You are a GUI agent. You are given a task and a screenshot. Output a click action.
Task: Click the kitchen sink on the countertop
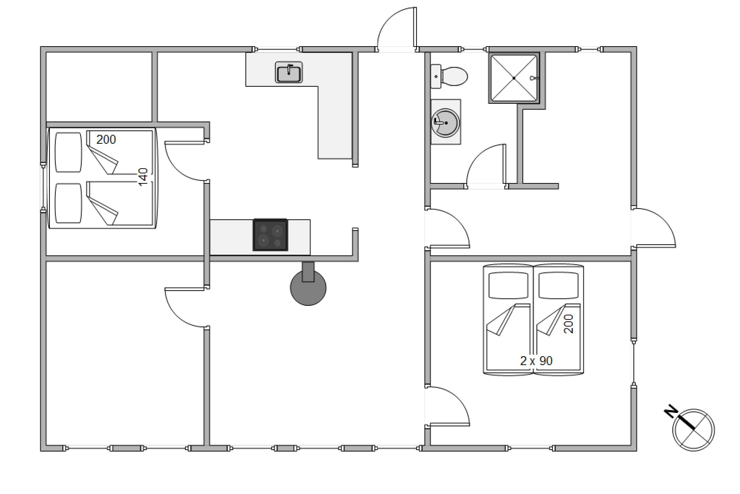pyautogui.click(x=289, y=72)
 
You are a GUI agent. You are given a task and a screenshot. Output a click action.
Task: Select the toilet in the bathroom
pyautogui.click(x=449, y=76)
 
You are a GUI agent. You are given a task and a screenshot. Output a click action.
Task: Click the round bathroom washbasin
pyautogui.click(x=445, y=122)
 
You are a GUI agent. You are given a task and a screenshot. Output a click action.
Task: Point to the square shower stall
pyautogui.click(x=514, y=78)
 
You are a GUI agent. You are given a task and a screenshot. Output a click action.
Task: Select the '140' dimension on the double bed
pyautogui.click(x=143, y=177)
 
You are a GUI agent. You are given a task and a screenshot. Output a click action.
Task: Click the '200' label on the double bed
pyautogui.click(x=106, y=139)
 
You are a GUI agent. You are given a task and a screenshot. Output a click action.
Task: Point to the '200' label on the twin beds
pyautogui.click(x=569, y=324)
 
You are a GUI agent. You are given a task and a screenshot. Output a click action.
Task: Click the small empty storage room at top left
pyautogui.click(x=99, y=87)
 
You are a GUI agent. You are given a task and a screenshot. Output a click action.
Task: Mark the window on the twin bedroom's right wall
pyautogui.click(x=634, y=363)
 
